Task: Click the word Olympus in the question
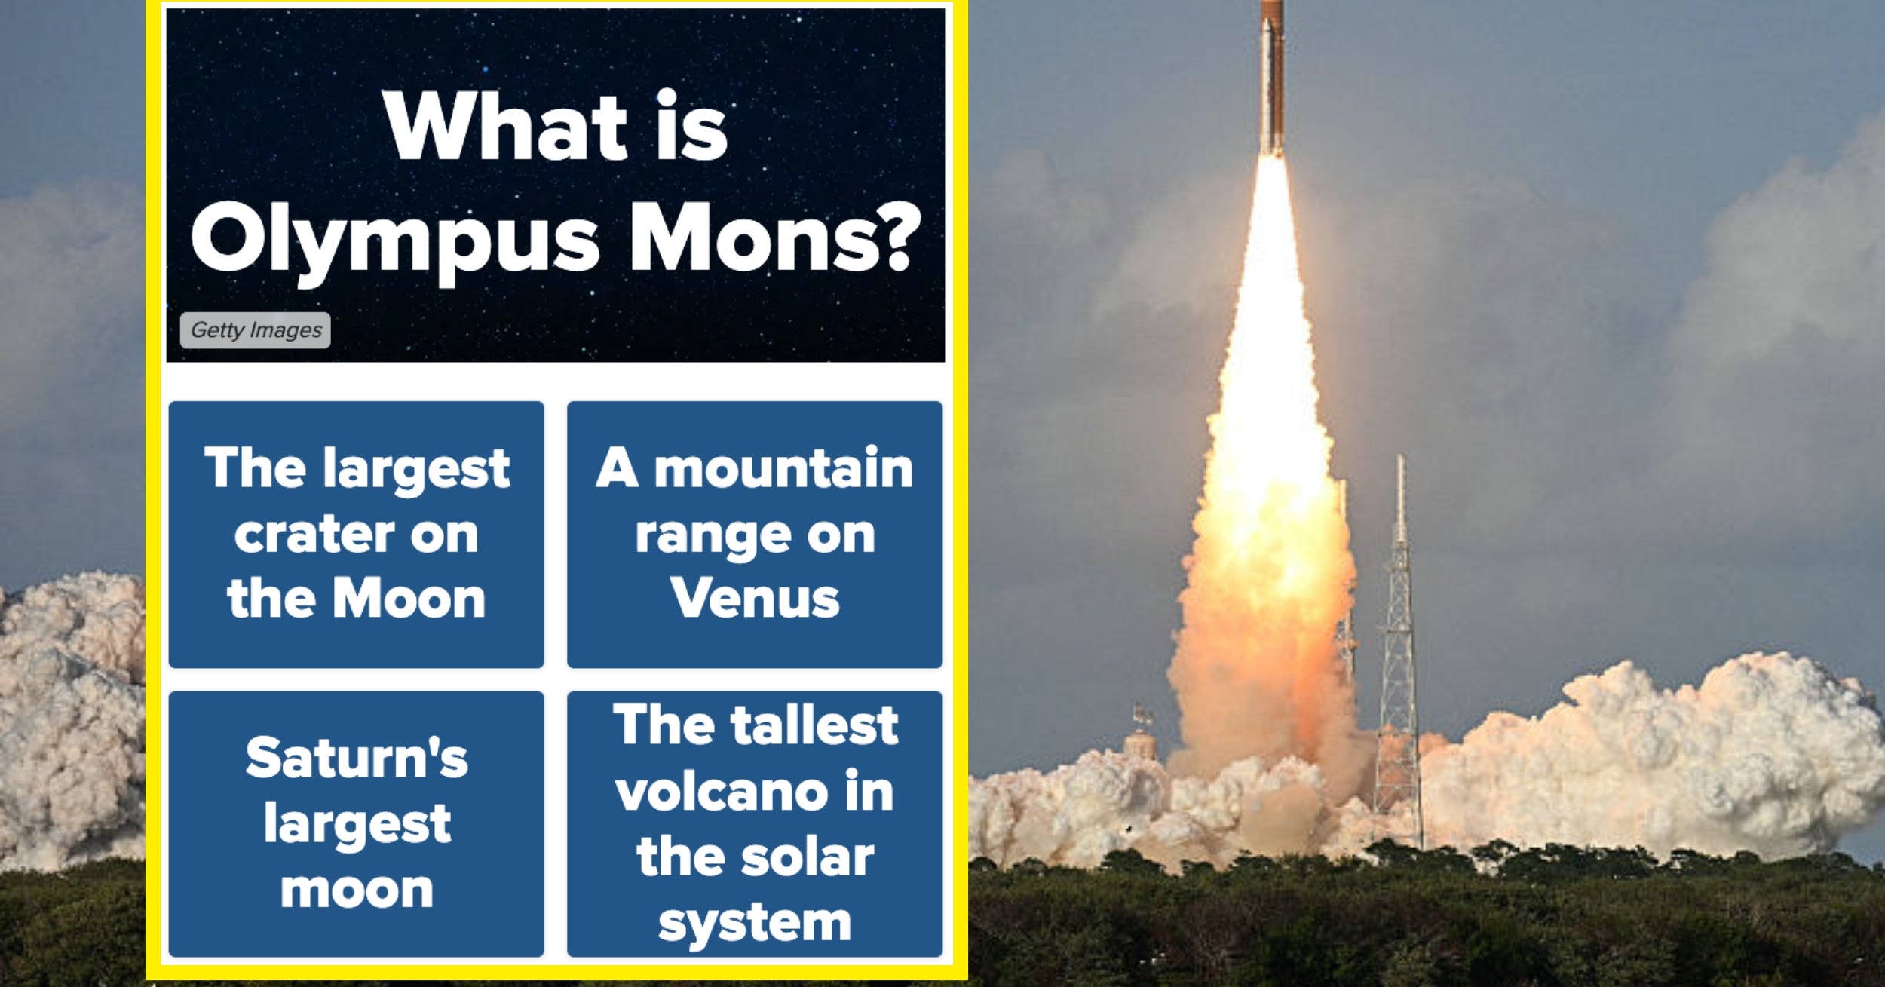pos(395,240)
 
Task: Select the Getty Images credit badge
pos(256,330)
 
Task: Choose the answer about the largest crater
pos(356,534)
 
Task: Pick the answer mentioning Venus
pos(755,534)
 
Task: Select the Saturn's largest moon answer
pos(356,823)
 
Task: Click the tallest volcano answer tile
pos(755,823)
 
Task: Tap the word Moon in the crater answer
pos(409,599)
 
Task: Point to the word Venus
pos(755,599)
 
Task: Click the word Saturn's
pos(357,758)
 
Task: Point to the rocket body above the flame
pos(1272,75)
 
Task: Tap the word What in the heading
pos(506,127)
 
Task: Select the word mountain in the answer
pos(783,469)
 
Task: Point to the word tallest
pos(815,725)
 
